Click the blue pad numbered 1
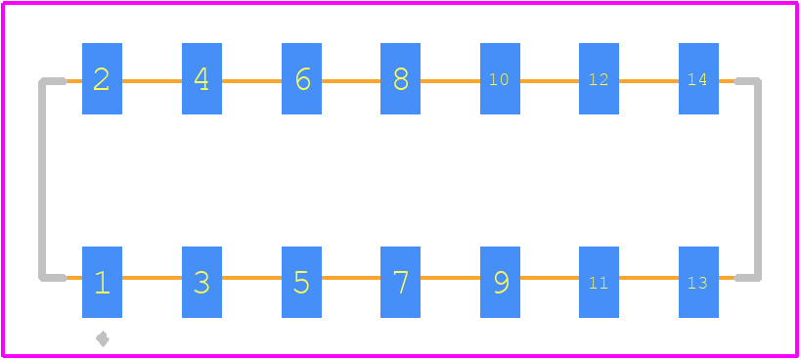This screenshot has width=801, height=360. pyautogui.click(x=102, y=283)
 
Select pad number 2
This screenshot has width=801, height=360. pyautogui.click(x=102, y=78)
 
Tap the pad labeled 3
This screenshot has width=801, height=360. pyautogui.click(x=201, y=283)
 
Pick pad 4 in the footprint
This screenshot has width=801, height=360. pyautogui.click(x=201, y=78)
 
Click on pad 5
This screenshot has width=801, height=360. pyautogui.click(x=301, y=283)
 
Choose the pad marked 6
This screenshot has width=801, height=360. pyautogui.click(x=301, y=78)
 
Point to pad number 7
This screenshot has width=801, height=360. pyautogui.click(x=401, y=283)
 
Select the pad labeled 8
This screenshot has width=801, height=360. pyautogui.click(x=401, y=78)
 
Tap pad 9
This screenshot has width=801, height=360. pyautogui.click(x=500, y=283)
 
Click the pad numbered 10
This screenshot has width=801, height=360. pyautogui.click(x=500, y=78)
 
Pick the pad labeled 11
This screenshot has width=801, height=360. pyautogui.click(x=599, y=283)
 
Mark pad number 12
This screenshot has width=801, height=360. pyautogui.click(x=599, y=78)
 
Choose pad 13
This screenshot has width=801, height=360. pyautogui.click(x=698, y=283)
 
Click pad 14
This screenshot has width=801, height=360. pyautogui.click(x=698, y=78)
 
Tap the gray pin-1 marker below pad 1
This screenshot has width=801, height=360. pyautogui.click(x=103, y=338)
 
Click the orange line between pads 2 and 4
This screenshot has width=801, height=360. pyautogui.click(x=152, y=81)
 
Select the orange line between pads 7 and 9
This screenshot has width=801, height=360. pyautogui.click(x=450, y=278)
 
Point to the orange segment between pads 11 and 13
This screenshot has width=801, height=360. pyautogui.click(x=648, y=278)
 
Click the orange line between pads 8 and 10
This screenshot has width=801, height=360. pyautogui.click(x=450, y=81)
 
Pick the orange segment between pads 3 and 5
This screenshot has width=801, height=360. pyautogui.click(x=251, y=278)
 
